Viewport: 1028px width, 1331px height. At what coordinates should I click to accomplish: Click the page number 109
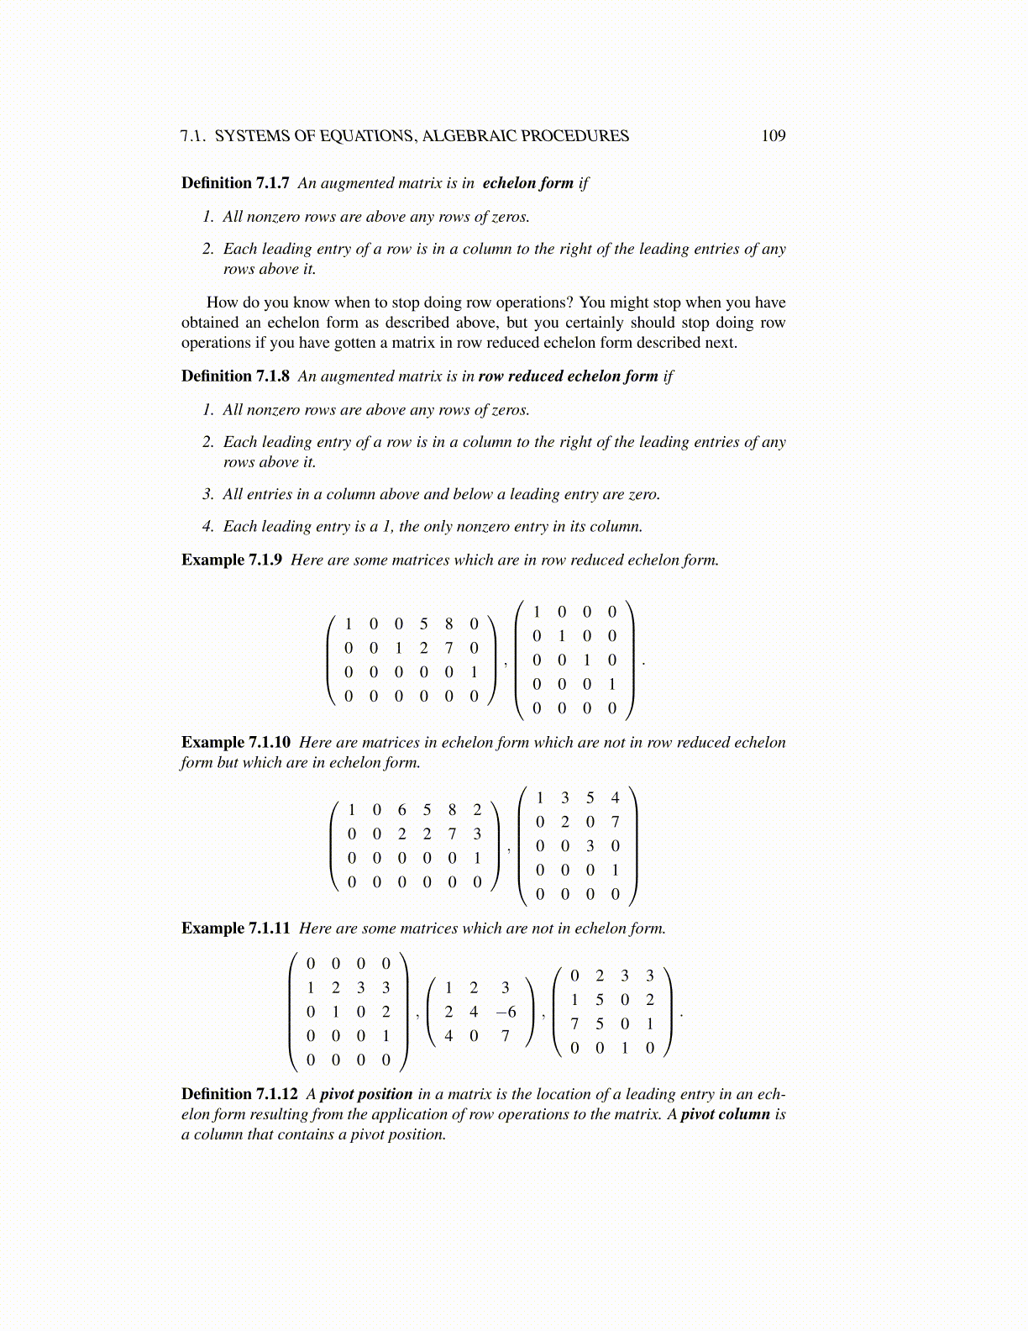[773, 136]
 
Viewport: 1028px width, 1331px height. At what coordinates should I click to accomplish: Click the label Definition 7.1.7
[235, 183]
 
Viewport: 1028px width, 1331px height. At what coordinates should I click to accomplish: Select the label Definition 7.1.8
[235, 376]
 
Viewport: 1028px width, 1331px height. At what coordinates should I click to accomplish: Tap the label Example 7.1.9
[232, 560]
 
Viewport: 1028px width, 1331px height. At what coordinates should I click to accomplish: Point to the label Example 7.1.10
[236, 743]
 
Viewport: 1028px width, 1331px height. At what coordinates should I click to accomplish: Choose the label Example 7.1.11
[236, 929]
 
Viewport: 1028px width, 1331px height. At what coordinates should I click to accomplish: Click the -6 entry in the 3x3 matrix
[506, 1012]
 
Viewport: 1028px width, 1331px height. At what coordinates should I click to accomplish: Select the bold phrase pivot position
[366, 1094]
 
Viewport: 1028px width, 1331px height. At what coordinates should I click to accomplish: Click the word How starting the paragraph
[222, 302]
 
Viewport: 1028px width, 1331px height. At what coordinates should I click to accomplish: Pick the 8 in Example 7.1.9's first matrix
[449, 623]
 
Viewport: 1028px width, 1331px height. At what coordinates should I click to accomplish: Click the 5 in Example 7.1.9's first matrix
[424, 623]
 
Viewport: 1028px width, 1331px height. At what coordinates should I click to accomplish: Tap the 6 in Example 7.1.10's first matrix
[402, 810]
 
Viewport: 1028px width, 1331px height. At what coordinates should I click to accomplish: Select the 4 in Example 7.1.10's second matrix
[615, 797]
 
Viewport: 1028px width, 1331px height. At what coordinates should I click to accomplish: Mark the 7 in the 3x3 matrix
[506, 1036]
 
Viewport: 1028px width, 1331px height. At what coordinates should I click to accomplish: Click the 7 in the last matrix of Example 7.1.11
[574, 1023]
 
